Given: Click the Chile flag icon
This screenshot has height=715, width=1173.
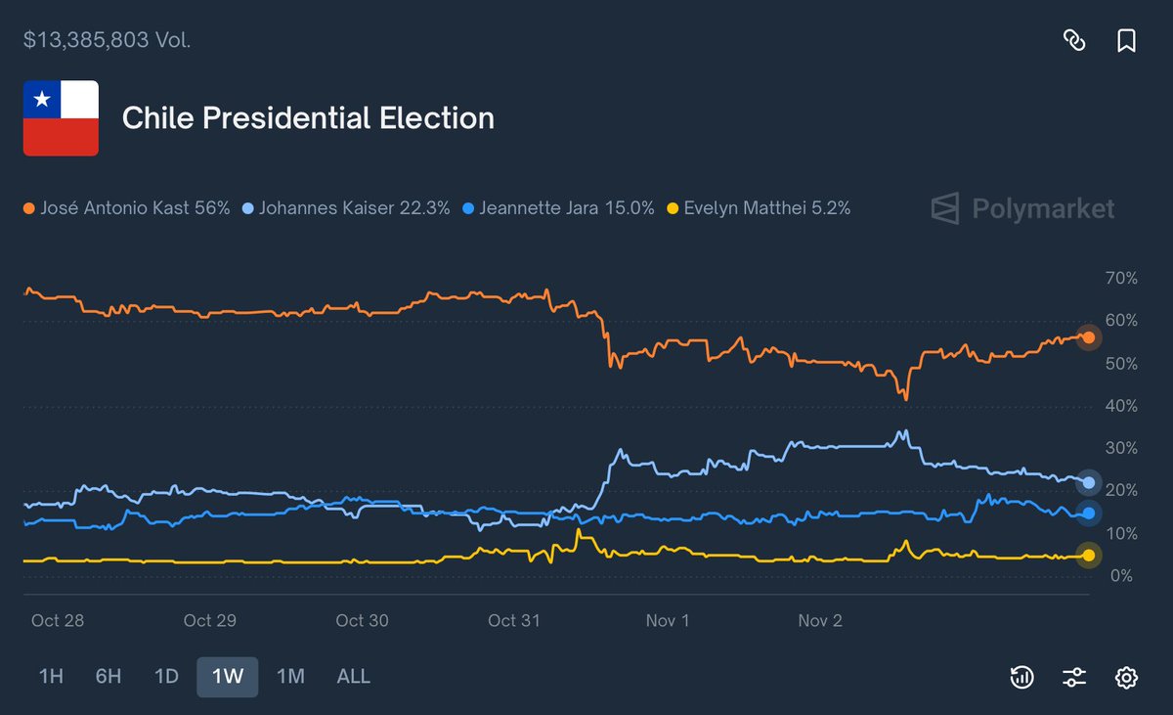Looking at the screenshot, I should pos(61,118).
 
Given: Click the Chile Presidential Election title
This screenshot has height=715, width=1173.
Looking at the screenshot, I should pos(308,118).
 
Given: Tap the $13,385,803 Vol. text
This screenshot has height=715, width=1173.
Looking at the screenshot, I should pos(108,40).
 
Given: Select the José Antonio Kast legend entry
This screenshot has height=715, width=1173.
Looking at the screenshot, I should pos(127,208).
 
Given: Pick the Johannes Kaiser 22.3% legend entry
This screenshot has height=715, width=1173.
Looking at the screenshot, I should pos(346,208).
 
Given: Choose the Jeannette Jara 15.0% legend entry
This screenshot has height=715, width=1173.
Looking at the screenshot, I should pos(558,208).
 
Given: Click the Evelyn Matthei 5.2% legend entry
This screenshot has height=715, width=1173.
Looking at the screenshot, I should pos(759,208).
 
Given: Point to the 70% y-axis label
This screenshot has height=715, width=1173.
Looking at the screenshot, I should pos(1120,279).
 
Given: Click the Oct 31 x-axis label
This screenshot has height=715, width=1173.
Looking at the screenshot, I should pos(514,621).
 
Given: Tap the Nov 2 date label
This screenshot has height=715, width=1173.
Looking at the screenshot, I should pos(820,621).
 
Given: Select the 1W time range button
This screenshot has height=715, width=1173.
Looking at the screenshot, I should pos(227,676).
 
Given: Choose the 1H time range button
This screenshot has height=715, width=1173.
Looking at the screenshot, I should pos(51,676).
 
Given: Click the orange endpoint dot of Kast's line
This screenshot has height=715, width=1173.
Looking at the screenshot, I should pos(1088,337).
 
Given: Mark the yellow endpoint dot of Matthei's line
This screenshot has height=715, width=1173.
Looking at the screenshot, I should pos(1088,556).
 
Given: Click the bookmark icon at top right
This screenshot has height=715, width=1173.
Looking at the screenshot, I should pos(1126,40).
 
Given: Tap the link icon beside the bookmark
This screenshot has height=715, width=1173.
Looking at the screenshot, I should pos(1074,40).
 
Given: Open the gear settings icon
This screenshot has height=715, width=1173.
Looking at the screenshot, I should pos(1126,677).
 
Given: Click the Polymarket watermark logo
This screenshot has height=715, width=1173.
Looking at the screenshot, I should pos(1021,208).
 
